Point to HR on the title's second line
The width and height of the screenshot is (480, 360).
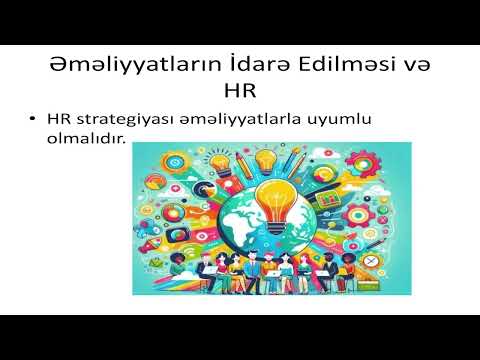[240, 93]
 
